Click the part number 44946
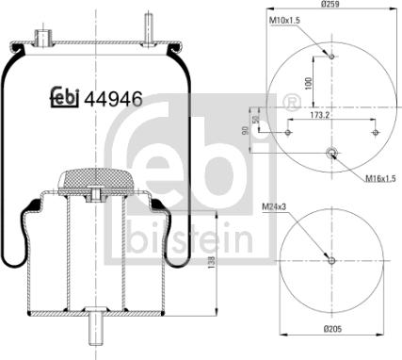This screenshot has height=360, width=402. [114, 98]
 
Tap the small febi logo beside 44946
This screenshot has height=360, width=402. [65, 97]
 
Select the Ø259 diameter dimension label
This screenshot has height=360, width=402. [330, 4]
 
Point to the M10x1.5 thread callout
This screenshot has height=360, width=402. [285, 21]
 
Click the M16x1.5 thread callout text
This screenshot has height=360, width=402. [380, 179]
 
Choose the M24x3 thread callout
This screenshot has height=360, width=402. [274, 206]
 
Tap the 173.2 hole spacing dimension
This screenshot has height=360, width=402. [320, 115]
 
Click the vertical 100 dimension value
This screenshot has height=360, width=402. [309, 84]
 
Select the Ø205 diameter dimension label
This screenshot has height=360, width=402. [331, 329]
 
